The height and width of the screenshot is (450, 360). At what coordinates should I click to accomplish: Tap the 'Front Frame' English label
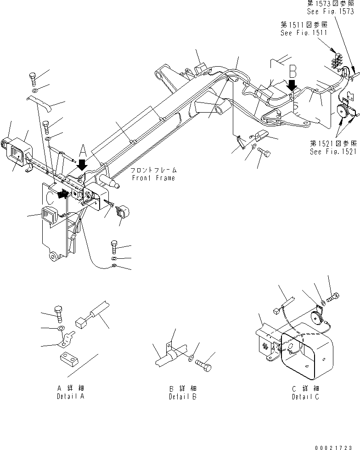(152, 178)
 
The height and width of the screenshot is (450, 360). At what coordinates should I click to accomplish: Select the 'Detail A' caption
(70, 396)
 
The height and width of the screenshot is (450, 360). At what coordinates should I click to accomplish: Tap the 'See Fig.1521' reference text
(333, 152)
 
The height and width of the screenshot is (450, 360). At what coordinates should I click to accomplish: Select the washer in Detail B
(191, 358)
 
